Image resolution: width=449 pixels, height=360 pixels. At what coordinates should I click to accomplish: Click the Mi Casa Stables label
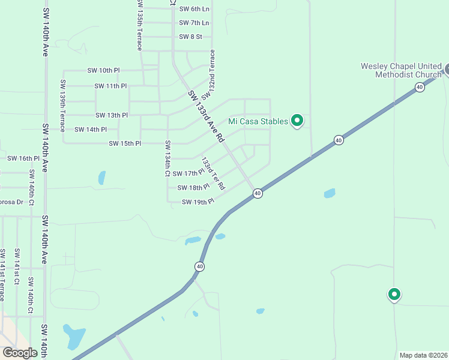coord(259,121)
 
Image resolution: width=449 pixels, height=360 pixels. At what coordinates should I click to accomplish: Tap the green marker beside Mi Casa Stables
coord(297,121)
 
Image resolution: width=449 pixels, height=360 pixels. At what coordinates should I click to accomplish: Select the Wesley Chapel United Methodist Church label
coord(400,71)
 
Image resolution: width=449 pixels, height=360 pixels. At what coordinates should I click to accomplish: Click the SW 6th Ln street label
coord(194,9)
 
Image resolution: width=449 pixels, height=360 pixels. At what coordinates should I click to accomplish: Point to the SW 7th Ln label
coord(194,23)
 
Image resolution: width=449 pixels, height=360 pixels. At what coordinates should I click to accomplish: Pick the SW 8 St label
coord(191,37)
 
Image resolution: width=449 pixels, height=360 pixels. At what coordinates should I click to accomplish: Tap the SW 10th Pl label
coord(104,71)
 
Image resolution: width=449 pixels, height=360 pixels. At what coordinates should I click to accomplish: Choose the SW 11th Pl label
coord(110,86)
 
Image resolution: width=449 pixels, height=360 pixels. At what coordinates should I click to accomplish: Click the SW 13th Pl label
coord(112,115)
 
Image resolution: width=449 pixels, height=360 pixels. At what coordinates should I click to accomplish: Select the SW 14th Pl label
coord(91,130)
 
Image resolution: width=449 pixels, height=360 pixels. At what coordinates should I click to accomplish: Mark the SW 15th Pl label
coord(125,144)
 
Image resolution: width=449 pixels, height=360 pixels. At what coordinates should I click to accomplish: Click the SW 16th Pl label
coord(23,158)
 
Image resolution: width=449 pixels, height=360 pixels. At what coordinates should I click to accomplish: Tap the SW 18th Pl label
coord(193,188)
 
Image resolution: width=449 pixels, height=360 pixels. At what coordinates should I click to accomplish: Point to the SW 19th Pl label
coord(199,202)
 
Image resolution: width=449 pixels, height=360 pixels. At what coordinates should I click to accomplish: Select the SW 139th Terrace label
coord(62,106)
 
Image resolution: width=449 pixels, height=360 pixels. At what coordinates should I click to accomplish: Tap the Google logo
coord(20,352)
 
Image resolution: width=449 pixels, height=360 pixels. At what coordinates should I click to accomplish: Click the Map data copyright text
coord(423,355)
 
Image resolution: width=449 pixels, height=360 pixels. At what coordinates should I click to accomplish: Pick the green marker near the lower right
coord(394,295)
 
